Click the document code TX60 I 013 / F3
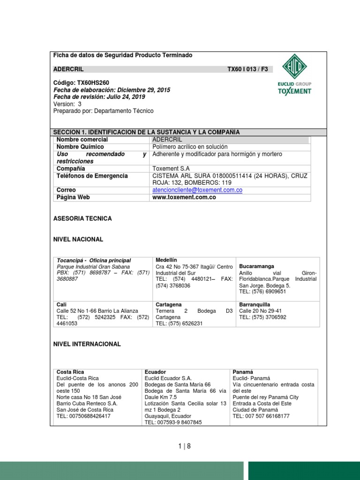tap(247, 69)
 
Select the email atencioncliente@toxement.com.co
tap(197, 190)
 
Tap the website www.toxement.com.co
tap(184, 197)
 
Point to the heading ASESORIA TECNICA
tap(83, 218)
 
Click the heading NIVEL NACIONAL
tap(78, 240)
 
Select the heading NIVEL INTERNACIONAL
tap(87, 344)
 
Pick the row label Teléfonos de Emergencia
tap(92, 176)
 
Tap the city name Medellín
tap(166, 260)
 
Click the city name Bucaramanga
tap(256, 266)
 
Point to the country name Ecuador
tap(156, 372)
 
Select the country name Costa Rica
tap(70, 372)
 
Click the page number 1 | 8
tap(185, 446)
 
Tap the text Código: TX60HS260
tap(81, 82)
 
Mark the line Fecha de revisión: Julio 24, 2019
tap(99, 97)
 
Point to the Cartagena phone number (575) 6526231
tap(186, 323)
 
